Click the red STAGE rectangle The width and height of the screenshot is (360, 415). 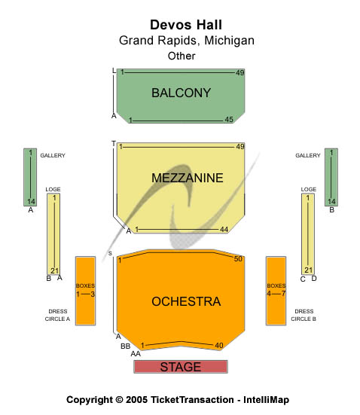point(181,367)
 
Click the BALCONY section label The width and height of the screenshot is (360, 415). point(181,93)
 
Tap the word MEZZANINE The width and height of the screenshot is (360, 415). point(187,178)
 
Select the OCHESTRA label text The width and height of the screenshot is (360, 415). point(186,301)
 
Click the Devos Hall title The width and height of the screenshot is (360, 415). point(186,25)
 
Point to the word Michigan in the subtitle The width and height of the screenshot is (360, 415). point(229,41)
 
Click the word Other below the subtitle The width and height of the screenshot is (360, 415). point(182,56)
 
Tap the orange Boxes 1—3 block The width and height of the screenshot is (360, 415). point(86,291)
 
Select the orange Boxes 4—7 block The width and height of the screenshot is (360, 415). point(276,291)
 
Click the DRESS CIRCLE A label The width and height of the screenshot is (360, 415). point(57,315)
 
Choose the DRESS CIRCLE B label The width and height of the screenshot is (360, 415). point(304,315)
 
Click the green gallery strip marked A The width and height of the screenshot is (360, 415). point(30,177)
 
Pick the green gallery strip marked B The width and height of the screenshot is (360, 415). point(331,177)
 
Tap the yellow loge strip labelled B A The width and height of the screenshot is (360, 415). point(53,234)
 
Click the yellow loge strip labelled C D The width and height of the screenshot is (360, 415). point(308,234)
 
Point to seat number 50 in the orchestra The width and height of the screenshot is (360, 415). point(238,258)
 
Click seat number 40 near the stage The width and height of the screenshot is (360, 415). point(219,346)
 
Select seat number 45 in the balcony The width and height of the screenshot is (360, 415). point(229,120)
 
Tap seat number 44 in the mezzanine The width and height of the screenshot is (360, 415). point(224,230)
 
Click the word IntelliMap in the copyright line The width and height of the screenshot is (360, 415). point(267,400)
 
